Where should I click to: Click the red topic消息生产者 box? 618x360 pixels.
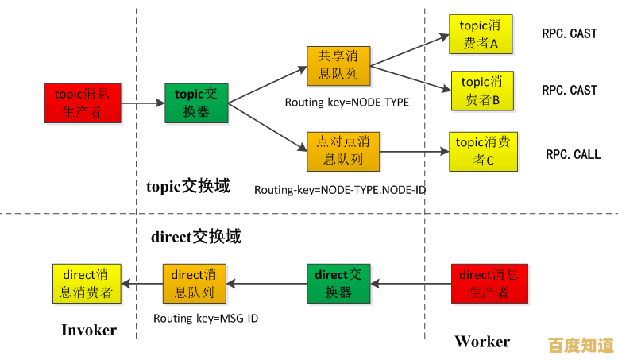(x=83, y=103)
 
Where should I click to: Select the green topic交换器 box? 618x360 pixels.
(x=196, y=103)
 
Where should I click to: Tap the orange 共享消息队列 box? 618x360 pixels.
(x=338, y=66)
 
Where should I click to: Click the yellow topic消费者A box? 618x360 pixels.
(x=481, y=34)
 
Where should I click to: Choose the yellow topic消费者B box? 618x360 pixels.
(x=482, y=91)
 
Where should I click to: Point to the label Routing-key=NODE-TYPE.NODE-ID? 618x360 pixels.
(x=334, y=191)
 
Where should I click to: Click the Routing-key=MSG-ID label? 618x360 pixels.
(x=206, y=318)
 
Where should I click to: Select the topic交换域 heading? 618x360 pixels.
(x=188, y=187)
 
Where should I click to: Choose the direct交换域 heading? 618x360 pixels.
(x=195, y=236)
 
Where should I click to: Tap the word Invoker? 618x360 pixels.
(x=89, y=330)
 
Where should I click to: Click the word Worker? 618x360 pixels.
(x=482, y=342)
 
